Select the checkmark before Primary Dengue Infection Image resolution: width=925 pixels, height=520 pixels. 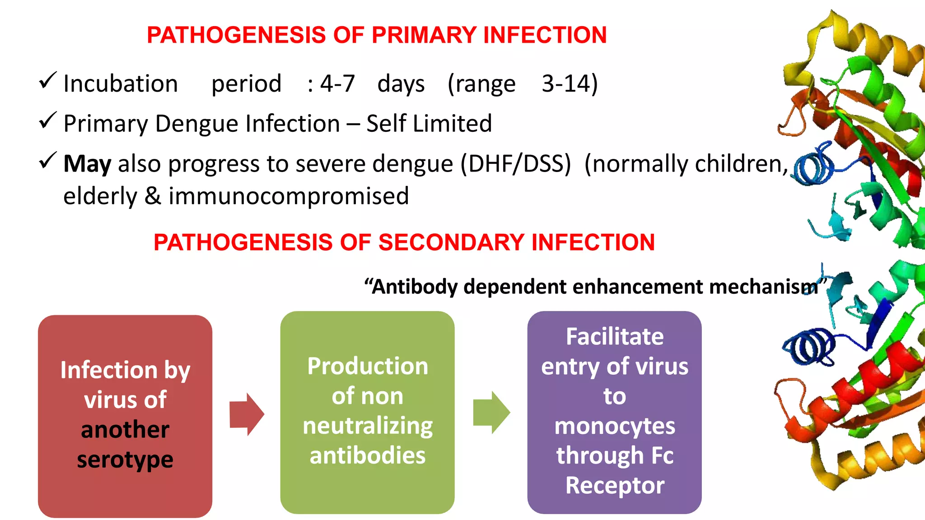[x=47, y=121]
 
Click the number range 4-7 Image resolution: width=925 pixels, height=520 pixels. [x=337, y=84]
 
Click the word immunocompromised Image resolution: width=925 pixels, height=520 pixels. [x=289, y=196]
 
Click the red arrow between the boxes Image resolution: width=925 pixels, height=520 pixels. [x=247, y=414]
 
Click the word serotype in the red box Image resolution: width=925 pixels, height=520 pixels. [x=125, y=460]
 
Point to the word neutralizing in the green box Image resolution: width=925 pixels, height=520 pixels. [x=368, y=426]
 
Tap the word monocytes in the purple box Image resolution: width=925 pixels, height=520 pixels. [x=615, y=426]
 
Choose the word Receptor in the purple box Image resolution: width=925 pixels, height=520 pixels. [x=615, y=486]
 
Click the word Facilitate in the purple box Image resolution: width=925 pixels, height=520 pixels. [x=615, y=337]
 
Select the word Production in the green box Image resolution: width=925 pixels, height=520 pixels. [x=368, y=366]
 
